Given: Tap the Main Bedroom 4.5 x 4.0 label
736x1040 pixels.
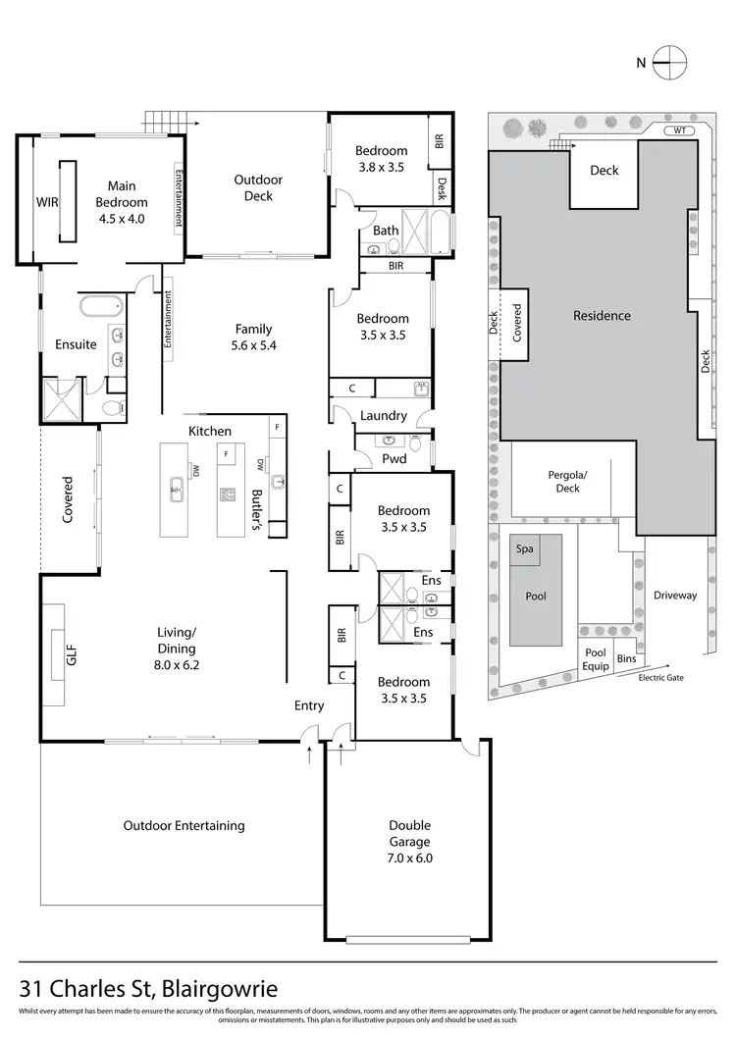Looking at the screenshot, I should [122, 202].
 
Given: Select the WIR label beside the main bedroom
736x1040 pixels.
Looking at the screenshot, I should [47, 203].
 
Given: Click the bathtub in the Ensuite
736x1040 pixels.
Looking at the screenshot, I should [99, 304].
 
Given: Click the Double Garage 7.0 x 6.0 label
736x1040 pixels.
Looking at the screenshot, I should [409, 842].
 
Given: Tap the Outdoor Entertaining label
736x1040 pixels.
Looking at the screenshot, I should [184, 825].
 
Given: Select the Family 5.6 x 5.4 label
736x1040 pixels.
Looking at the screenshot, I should [253, 337].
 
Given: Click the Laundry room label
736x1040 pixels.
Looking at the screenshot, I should [383, 416].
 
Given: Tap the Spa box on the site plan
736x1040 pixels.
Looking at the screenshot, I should [524, 548].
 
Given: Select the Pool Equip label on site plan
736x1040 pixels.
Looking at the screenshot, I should [596, 658].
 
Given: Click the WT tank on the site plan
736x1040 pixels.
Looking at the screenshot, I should [680, 130].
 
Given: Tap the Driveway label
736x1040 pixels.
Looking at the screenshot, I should [674, 595].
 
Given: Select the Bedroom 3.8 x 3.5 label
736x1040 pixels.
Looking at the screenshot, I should [381, 159].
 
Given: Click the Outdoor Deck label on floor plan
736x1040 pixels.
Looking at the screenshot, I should [258, 187].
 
